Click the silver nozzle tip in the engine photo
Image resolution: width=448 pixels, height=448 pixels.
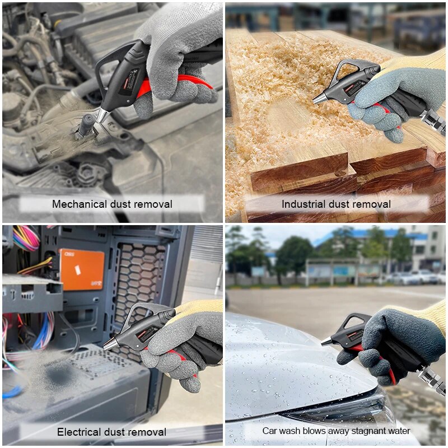(102, 115)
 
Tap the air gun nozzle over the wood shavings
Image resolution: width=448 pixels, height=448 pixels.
(319, 98)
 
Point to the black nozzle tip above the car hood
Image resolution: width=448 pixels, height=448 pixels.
(326, 341)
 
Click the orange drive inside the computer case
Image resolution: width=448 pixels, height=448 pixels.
(82, 269)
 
